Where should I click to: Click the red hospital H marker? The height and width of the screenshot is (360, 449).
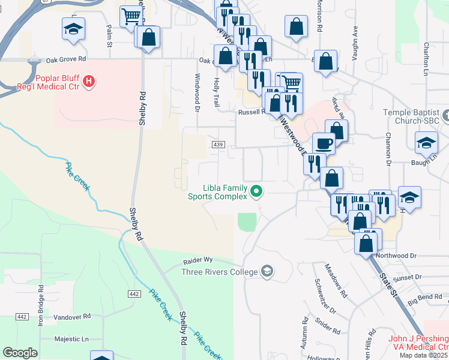tap(89, 80)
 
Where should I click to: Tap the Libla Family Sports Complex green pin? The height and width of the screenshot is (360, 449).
tap(256, 192)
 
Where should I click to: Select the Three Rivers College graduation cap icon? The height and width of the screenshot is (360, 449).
tap(267, 272)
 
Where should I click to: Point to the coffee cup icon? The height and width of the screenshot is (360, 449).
tap(324, 143)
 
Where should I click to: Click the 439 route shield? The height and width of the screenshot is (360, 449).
tap(218, 145)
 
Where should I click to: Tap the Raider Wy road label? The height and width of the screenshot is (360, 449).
tap(197, 261)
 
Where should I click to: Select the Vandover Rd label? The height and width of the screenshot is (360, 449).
tap(71, 316)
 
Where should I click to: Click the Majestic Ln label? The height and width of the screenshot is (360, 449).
tap(71, 339)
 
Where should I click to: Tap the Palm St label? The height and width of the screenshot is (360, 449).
tap(109, 36)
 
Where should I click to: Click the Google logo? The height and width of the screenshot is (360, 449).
tap(20, 353)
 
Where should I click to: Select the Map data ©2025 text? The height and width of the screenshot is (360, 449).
tap(423, 355)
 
